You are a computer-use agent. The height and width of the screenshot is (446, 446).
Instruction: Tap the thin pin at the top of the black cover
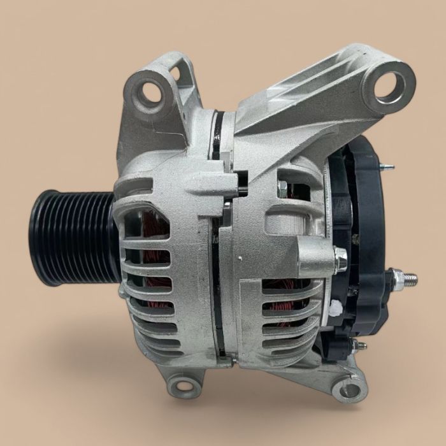click(386, 167)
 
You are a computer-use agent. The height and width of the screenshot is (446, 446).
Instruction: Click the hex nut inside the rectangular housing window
click(283, 187)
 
